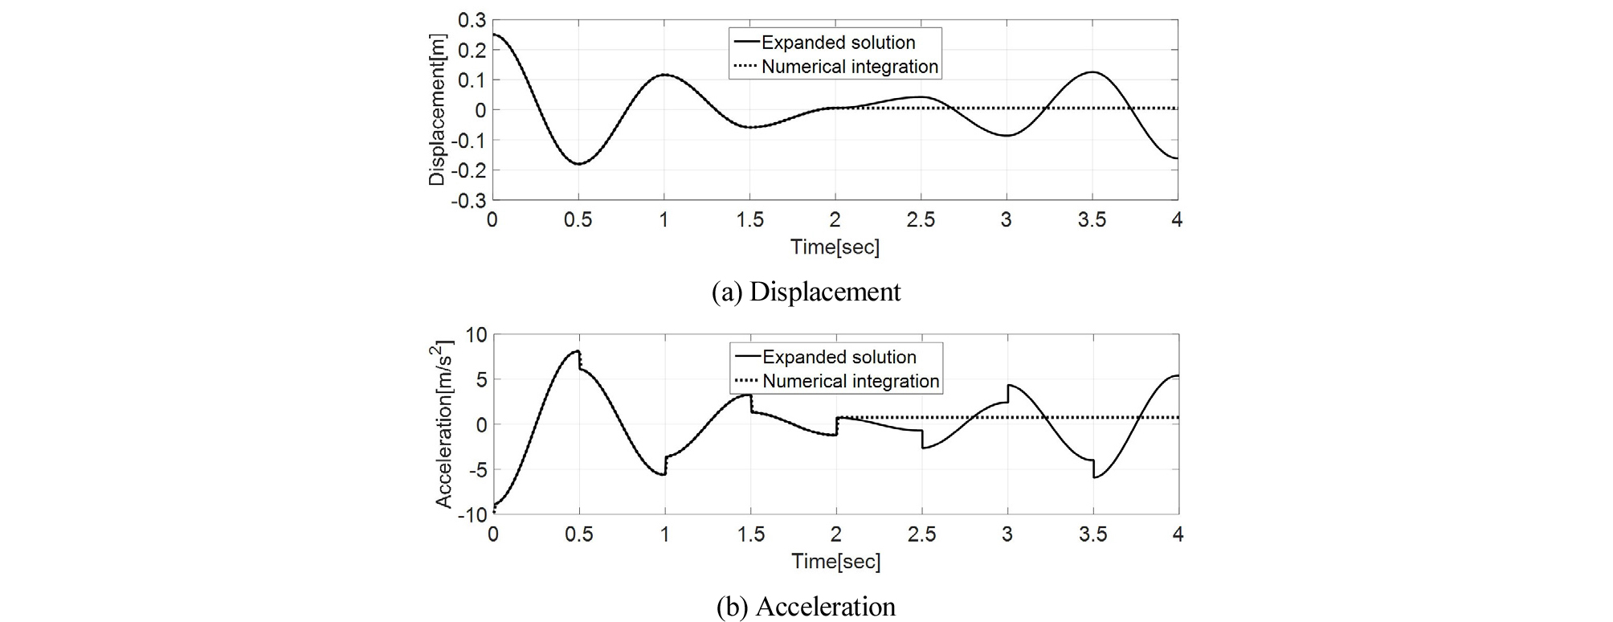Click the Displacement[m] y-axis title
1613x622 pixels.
(x=437, y=110)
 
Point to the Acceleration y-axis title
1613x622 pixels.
(x=444, y=424)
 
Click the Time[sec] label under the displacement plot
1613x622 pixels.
(x=835, y=247)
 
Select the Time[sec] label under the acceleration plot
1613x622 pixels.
(x=835, y=561)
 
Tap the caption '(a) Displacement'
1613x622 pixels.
(x=806, y=291)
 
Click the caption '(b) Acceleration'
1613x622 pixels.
(x=806, y=606)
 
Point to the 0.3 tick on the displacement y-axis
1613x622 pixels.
(x=472, y=20)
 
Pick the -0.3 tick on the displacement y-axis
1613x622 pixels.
(x=468, y=200)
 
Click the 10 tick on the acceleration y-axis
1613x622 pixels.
(x=476, y=334)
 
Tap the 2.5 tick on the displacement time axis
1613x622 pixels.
(x=921, y=220)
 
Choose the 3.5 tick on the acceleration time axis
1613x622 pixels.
(x=1092, y=534)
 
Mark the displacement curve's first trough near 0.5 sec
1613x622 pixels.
(x=578, y=164)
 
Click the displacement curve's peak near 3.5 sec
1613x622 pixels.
(x=1092, y=72)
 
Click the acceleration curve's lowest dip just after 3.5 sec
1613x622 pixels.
(x=1095, y=478)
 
